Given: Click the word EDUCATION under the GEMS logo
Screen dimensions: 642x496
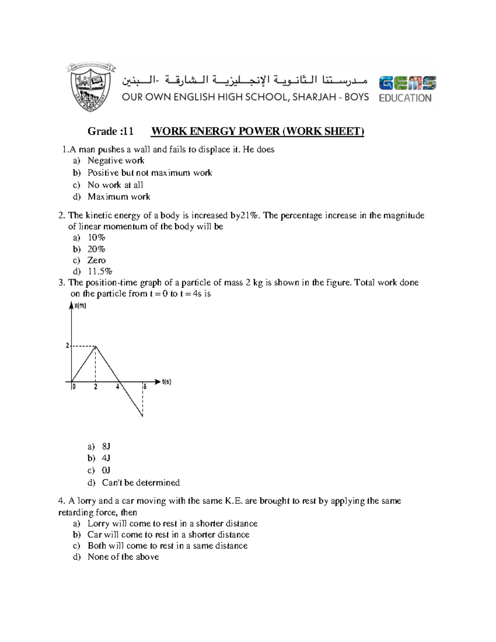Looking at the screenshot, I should pos(405,98).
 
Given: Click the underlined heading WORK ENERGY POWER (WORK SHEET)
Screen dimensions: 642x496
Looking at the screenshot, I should pos(258,131).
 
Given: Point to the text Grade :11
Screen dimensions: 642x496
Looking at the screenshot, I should pos(110,131).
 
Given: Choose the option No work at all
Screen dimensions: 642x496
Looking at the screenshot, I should pos(115,185).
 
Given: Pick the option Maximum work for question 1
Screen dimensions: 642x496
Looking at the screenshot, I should pos(119,197).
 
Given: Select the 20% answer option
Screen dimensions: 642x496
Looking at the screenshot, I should pos(96,249).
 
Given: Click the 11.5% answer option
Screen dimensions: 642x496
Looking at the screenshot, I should pos(100,271).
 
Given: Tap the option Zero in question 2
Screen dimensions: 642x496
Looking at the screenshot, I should pos(96,260).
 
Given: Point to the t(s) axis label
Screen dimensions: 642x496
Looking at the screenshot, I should pos(166,382).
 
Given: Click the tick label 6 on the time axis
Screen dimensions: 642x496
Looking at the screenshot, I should pos(145,387).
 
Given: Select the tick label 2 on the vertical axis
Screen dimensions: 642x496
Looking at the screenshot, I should pos(67,346).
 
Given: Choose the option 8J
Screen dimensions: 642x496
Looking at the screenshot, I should pos(106,446).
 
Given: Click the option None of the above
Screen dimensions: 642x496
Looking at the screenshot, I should pos(123,557).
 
